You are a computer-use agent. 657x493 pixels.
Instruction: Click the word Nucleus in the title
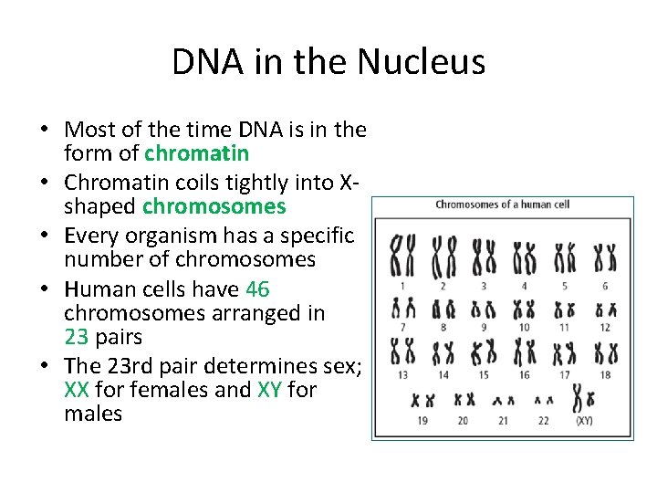pyautogui.click(x=421, y=63)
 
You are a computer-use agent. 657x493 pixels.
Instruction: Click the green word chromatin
pyautogui.click(x=196, y=152)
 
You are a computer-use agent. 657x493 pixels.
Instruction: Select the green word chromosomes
pyautogui.click(x=214, y=206)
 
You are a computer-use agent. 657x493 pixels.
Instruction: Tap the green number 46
pyautogui.click(x=257, y=289)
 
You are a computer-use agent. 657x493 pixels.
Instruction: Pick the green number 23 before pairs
pyautogui.click(x=77, y=337)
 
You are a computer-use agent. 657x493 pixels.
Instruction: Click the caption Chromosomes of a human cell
pyautogui.click(x=502, y=204)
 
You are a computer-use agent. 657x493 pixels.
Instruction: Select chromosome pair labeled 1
pyautogui.click(x=402, y=256)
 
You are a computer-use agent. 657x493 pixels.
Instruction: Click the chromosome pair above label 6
pyautogui.click(x=605, y=257)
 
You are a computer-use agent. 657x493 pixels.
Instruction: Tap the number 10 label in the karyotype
pyautogui.click(x=524, y=327)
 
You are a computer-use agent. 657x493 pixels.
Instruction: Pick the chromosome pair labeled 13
pyautogui.click(x=402, y=352)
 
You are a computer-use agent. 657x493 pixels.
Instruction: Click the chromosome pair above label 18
pyautogui.click(x=605, y=352)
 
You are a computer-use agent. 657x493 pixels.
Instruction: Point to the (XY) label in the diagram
pyautogui.click(x=584, y=420)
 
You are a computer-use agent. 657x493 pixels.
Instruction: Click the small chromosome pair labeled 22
pyautogui.click(x=544, y=400)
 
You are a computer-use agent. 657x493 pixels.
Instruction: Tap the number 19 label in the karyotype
pyautogui.click(x=422, y=420)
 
